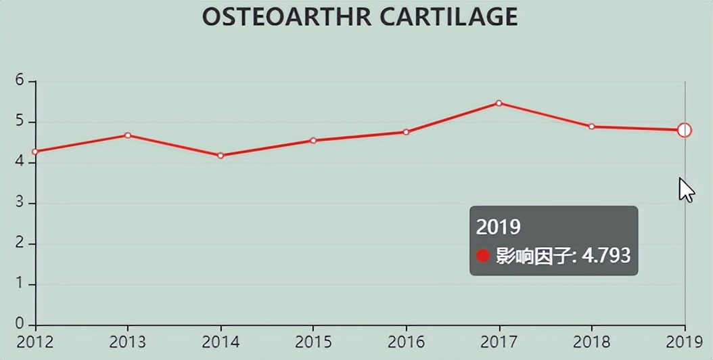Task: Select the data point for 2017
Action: [x=499, y=104]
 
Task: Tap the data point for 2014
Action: [x=221, y=156]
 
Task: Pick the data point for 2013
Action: [x=128, y=135]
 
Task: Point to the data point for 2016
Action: [x=406, y=132]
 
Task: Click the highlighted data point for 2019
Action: [x=685, y=130]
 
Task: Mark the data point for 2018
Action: [x=591, y=127]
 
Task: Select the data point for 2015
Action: [x=313, y=141]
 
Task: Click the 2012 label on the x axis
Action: [x=35, y=342]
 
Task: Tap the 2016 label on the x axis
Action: [x=406, y=342]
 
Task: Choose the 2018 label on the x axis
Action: [x=591, y=342]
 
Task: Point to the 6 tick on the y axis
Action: [x=20, y=81]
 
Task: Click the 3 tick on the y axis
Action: [x=20, y=203]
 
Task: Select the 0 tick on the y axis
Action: [x=20, y=324]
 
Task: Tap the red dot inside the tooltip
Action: [x=483, y=256]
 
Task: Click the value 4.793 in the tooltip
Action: [x=606, y=256]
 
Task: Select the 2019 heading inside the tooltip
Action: [x=499, y=227]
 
